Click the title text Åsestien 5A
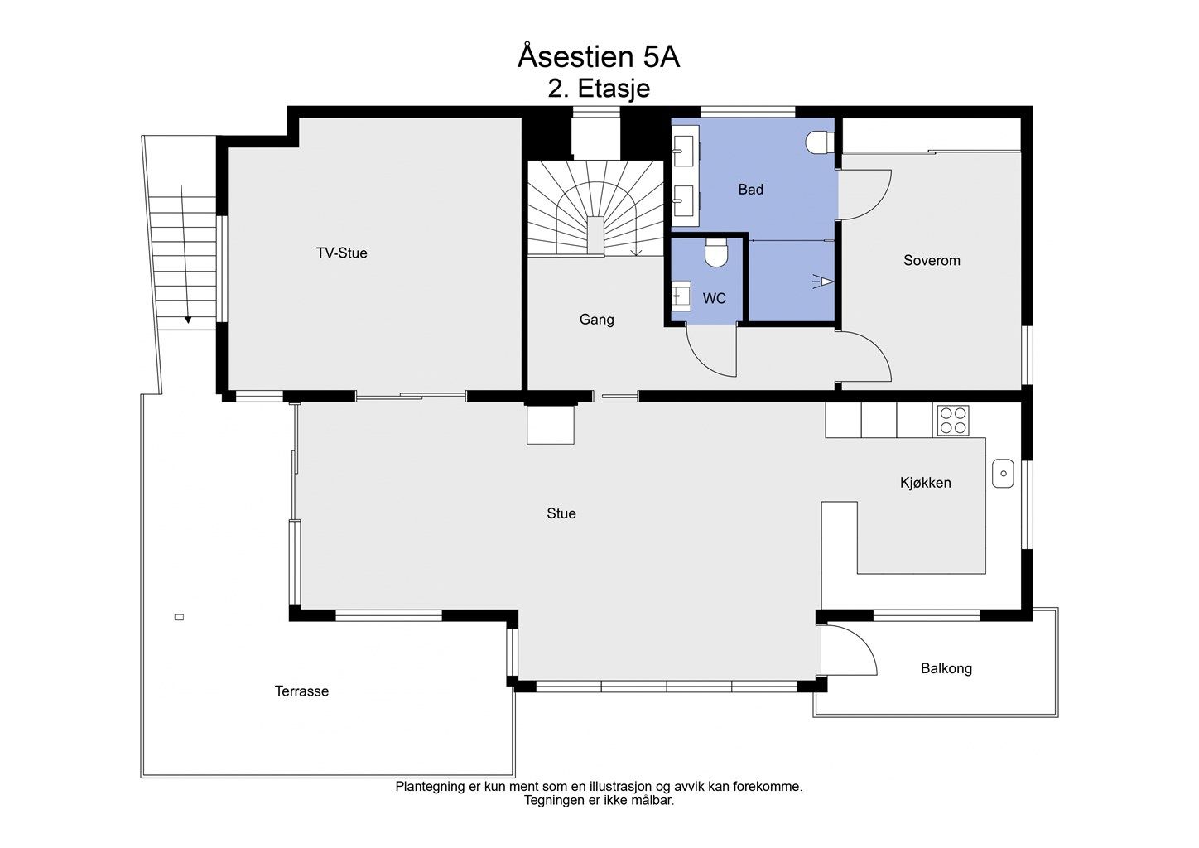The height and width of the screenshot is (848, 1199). coord(599,57)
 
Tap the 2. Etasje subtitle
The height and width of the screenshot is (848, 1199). coord(599,89)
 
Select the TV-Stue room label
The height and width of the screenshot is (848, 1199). coord(341,253)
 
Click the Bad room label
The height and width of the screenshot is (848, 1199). coord(750,190)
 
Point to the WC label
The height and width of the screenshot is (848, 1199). coord(714,299)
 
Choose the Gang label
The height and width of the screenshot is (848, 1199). coord(597,320)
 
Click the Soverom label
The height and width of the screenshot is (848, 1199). coord(932,261)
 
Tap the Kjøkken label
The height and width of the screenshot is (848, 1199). coord(926,483)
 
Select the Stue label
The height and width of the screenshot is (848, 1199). coord(561,513)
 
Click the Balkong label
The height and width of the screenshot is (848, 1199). coord(946,668)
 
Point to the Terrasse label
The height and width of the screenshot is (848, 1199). coord(302,691)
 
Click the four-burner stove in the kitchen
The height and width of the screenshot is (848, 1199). coord(953,421)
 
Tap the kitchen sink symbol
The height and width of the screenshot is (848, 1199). coord(1003,473)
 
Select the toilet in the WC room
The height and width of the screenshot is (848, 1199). coord(715,253)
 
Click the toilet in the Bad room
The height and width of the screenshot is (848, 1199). coord(820,142)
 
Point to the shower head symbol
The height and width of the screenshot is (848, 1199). coord(824,282)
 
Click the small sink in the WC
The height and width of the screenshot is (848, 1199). coord(681,296)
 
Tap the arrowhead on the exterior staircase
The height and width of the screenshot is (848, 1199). coord(188,320)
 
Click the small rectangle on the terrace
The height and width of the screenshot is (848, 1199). coord(180,617)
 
